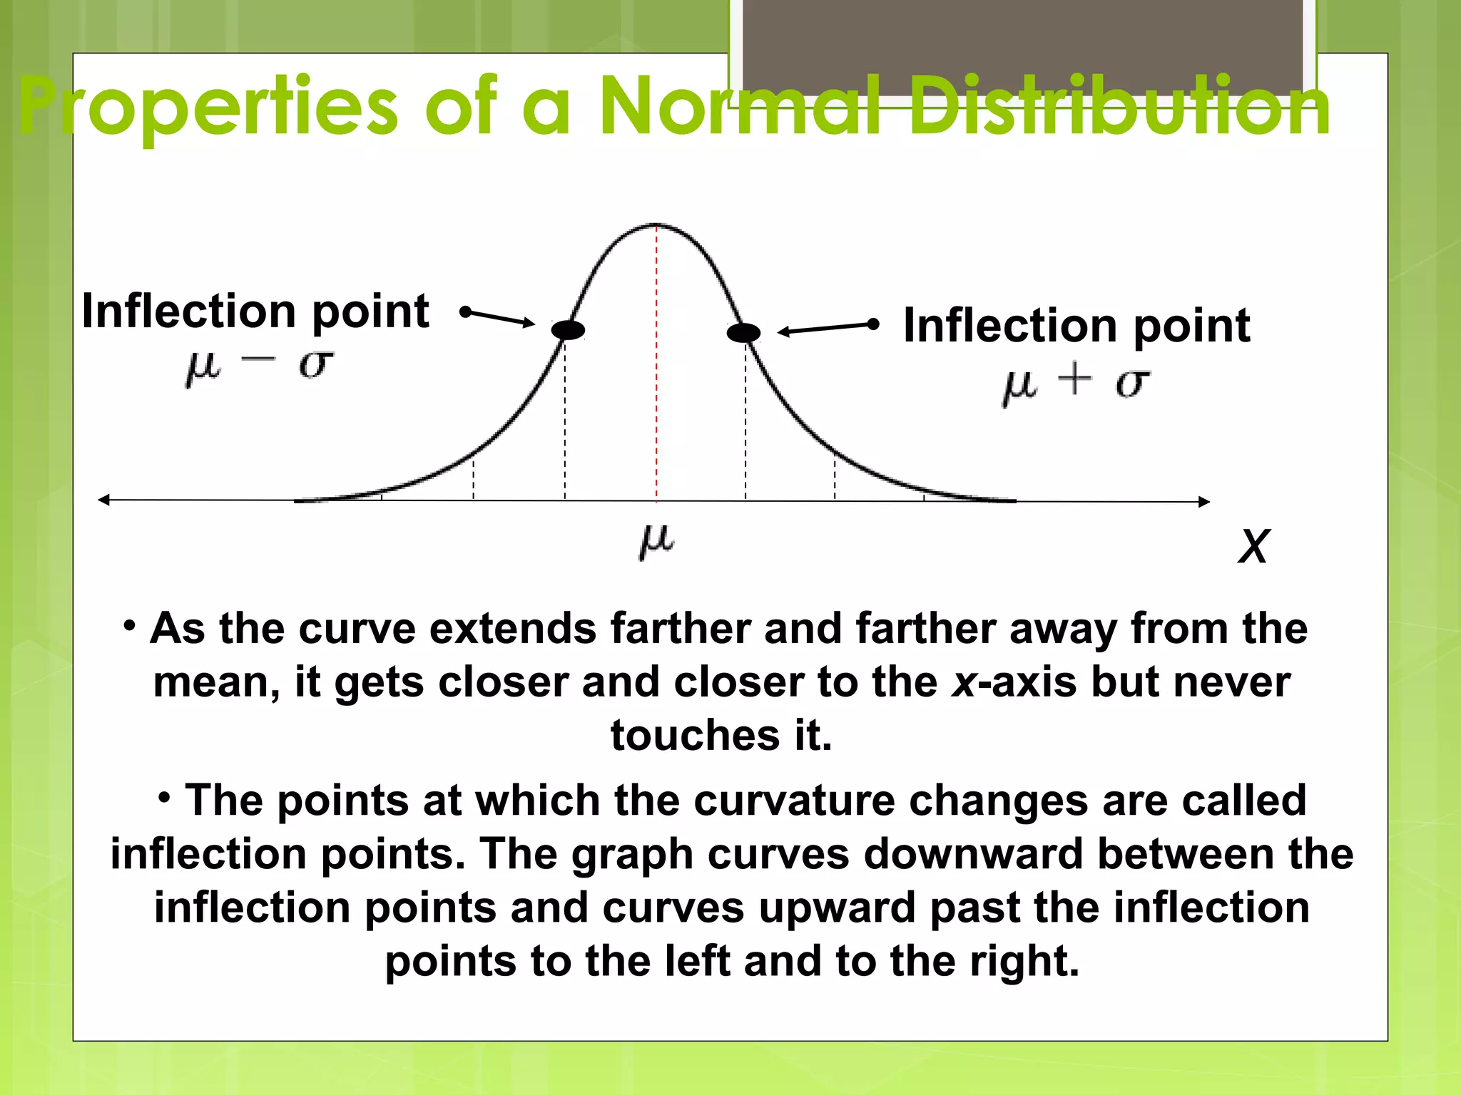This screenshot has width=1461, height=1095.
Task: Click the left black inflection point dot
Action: pyautogui.click(x=568, y=330)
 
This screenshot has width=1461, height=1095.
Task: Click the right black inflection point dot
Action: pyautogui.click(x=743, y=332)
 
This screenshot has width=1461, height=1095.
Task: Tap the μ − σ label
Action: pyautogui.click(x=259, y=367)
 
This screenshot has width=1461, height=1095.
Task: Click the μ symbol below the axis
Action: pyautogui.click(x=656, y=541)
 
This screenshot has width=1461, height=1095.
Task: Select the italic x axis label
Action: pyautogui.click(x=1253, y=546)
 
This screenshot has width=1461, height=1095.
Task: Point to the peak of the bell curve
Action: pyautogui.click(x=656, y=225)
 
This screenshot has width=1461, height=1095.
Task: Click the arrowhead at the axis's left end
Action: pyautogui.click(x=104, y=500)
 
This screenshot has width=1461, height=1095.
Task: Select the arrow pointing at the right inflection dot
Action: pyautogui.click(x=828, y=328)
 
